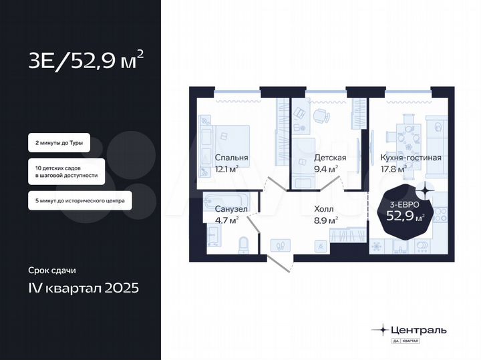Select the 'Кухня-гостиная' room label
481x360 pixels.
pos(410,158)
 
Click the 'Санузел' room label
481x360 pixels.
pos(222,208)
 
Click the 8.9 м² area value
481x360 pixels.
pos(325,219)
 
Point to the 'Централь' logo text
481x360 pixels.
pos(418,329)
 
